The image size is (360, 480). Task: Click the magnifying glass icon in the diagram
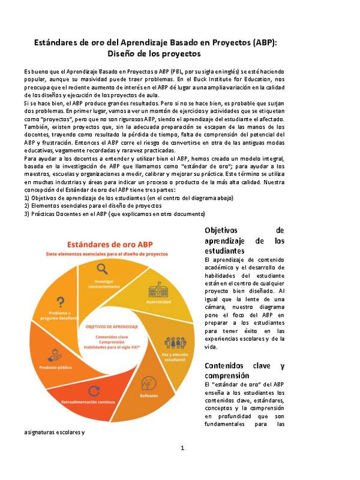(x=103, y=269)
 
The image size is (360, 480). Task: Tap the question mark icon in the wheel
(x=60, y=302)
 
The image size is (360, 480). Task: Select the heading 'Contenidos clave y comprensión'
(x=244, y=370)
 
